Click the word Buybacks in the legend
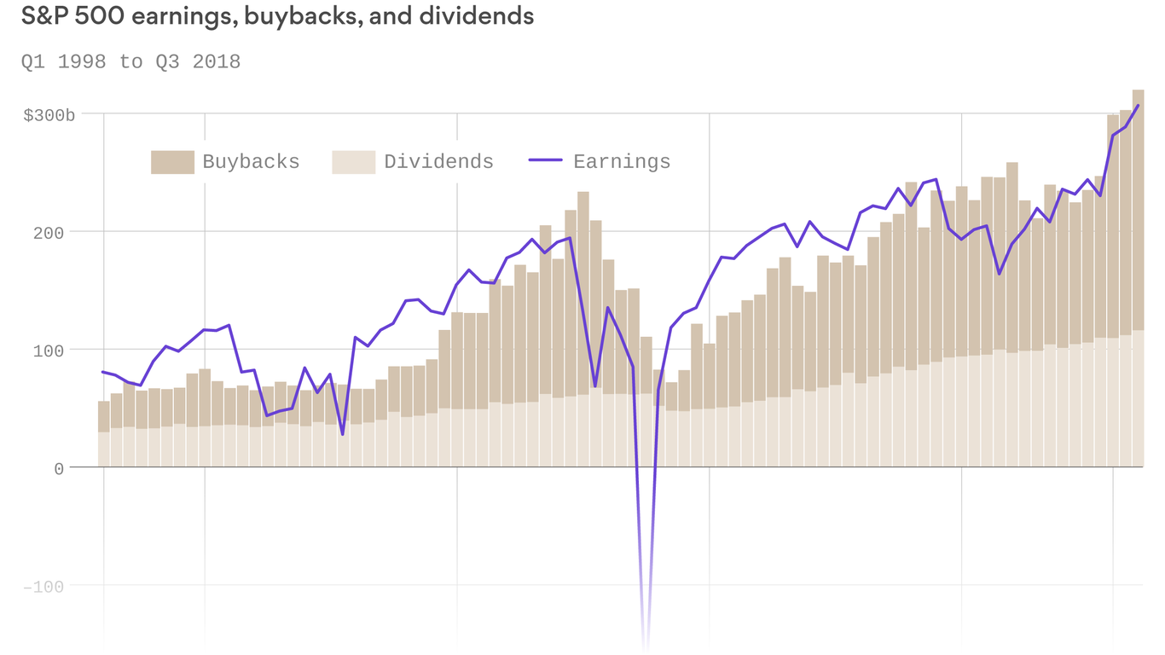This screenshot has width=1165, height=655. click(251, 162)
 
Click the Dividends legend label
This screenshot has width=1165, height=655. click(438, 162)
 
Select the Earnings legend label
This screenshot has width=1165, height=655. click(622, 162)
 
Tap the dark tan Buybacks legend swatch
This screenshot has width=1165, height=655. click(172, 162)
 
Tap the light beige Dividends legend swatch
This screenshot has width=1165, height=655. click(353, 162)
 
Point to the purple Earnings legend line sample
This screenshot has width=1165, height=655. click(545, 160)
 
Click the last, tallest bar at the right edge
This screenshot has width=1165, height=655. click(1138, 281)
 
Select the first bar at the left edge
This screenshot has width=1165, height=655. click(104, 435)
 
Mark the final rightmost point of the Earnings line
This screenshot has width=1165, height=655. click(1138, 106)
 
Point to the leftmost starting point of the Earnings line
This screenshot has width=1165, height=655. click(103, 372)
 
